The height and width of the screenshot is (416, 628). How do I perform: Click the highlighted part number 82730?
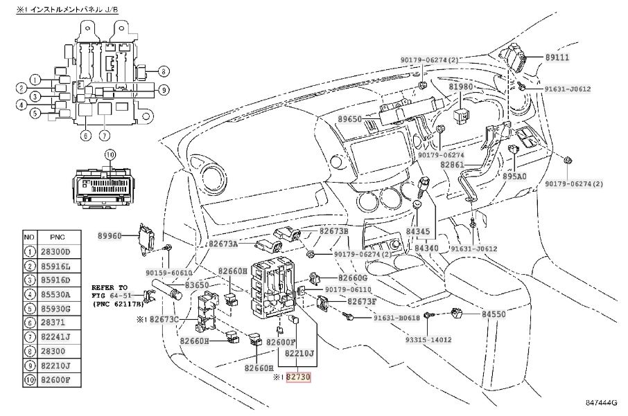pyautogui.click(x=298, y=377)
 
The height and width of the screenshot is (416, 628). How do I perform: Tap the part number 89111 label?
pyautogui.click(x=557, y=57)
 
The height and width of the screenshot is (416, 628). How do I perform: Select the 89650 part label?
pyautogui.click(x=349, y=119)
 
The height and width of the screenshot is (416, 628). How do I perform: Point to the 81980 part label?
pyautogui.click(x=460, y=87)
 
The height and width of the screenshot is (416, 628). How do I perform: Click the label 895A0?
pyautogui.click(x=514, y=176)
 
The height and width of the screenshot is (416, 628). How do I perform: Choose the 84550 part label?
pyautogui.click(x=494, y=314)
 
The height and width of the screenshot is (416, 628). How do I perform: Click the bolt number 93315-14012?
pyautogui.click(x=428, y=340)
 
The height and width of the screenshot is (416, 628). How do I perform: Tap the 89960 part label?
pyautogui.click(x=110, y=236)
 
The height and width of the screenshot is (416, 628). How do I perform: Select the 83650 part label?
pyautogui.click(x=197, y=285)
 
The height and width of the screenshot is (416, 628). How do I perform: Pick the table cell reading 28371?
pyautogui.click(x=53, y=323)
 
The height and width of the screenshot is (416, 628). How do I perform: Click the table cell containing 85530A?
pyautogui.click(x=55, y=295)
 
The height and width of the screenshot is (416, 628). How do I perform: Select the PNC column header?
pyautogui.click(x=58, y=237)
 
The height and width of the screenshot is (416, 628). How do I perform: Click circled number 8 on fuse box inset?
pyautogui.click(x=164, y=71)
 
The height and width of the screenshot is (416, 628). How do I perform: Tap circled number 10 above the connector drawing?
pyautogui.click(x=110, y=155)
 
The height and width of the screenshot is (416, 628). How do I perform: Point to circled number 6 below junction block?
pyautogui.click(x=85, y=136)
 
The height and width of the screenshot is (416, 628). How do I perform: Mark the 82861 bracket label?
pyautogui.click(x=452, y=165)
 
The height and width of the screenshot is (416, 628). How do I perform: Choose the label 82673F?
pyautogui.click(x=362, y=302)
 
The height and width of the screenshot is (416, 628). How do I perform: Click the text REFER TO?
pyautogui.click(x=110, y=287)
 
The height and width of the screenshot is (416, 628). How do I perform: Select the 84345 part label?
pyautogui.click(x=417, y=231)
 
